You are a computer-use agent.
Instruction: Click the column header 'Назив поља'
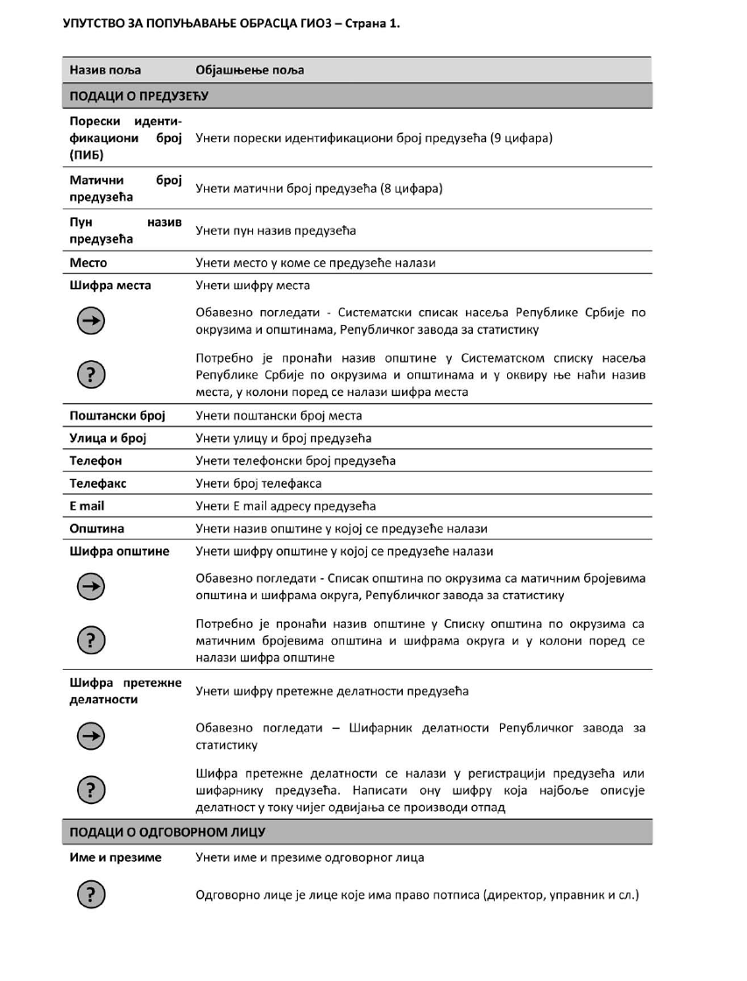(x=105, y=70)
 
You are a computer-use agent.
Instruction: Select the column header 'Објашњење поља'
(x=250, y=70)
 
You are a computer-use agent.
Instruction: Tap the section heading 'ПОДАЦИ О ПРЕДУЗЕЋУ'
(x=137, y=95)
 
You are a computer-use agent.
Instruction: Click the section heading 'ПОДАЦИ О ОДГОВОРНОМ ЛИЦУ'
(x=167, y=831)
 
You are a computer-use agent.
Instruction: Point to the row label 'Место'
(x=88, y=263)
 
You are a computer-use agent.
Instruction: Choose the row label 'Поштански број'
(x=117, y=415)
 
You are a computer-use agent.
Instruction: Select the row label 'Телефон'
(x=96, y=461)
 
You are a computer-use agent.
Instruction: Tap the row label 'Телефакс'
(x=99, y=483)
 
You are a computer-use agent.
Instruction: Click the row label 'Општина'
(x=97, y=529)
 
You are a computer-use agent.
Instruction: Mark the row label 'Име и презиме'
(x=116, y=857)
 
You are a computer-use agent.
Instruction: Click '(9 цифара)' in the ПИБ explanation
(x=520, y=138)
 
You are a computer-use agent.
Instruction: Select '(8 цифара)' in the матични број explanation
(x=411, y=188)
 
